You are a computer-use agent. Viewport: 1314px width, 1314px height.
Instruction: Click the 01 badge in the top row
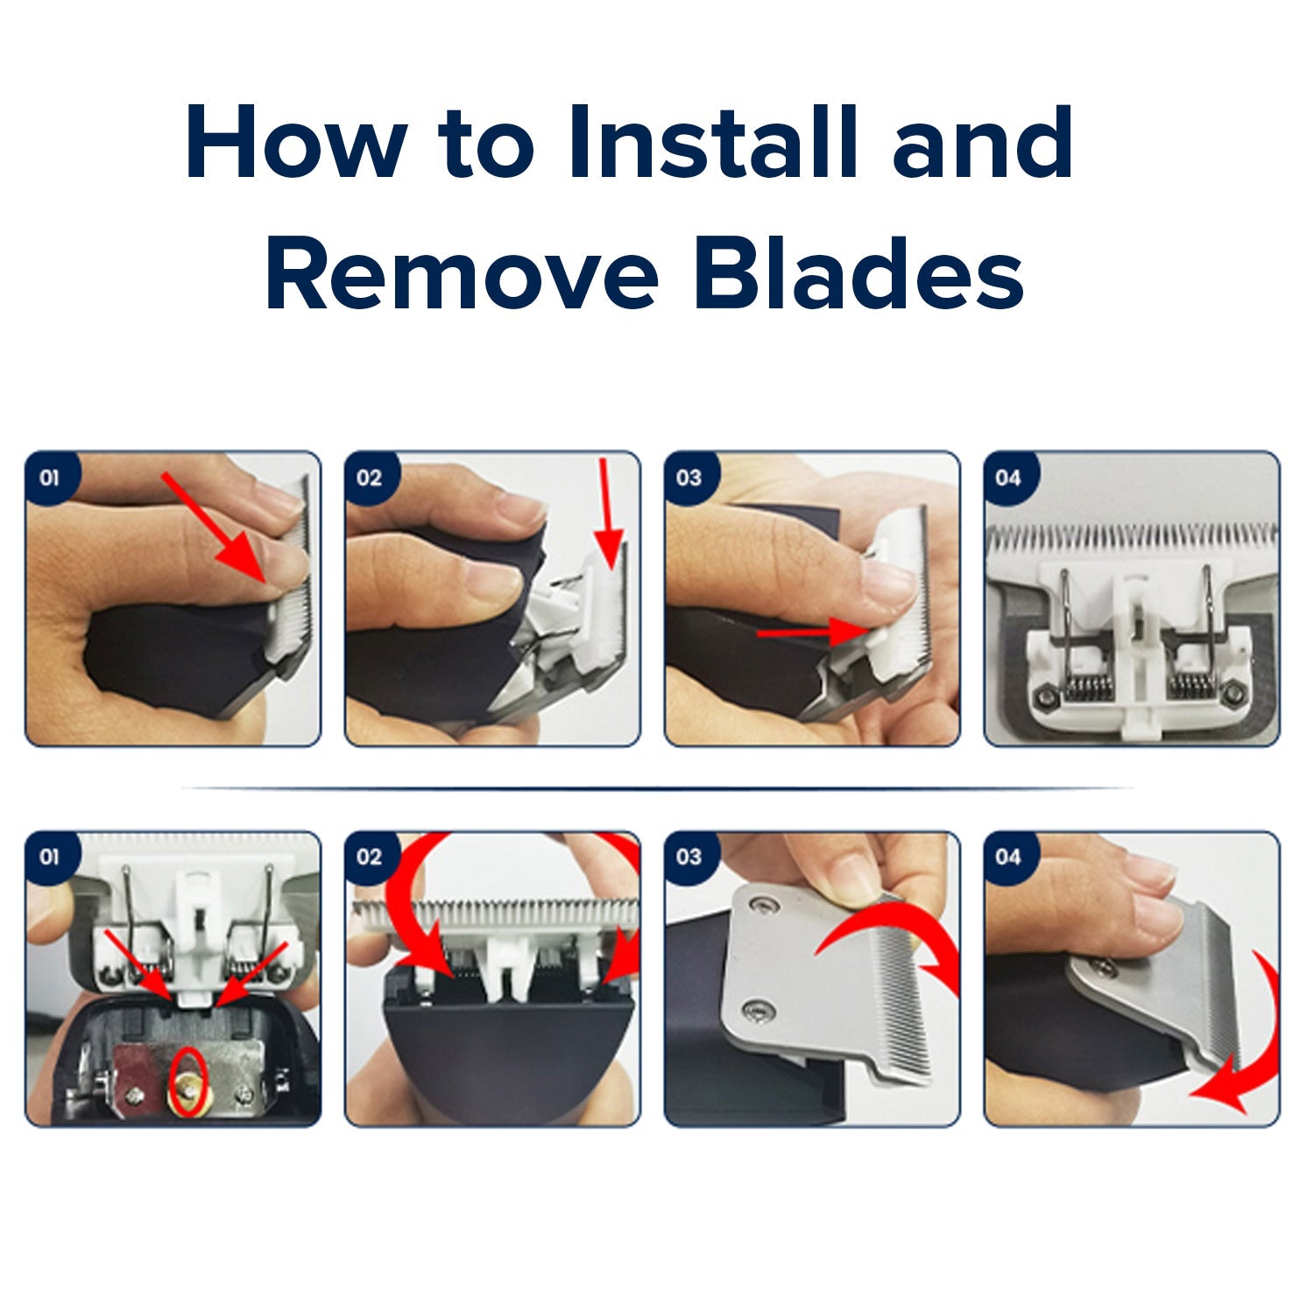[x=50, y=477]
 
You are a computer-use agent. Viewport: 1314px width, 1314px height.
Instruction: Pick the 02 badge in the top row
[x=370, y=477]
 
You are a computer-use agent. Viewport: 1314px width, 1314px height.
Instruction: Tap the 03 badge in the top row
[x=689, y=477]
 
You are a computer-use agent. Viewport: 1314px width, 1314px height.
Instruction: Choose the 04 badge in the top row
[x=1009, y=477]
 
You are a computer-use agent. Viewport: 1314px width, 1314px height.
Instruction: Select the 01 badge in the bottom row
[x=50, y=856]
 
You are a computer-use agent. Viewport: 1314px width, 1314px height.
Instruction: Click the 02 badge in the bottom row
[x=370, y=856]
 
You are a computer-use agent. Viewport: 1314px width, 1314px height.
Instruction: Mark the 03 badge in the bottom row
[x=689, y=856]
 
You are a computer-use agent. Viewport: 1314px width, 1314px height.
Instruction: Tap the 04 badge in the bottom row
[x=1009, y=856]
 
